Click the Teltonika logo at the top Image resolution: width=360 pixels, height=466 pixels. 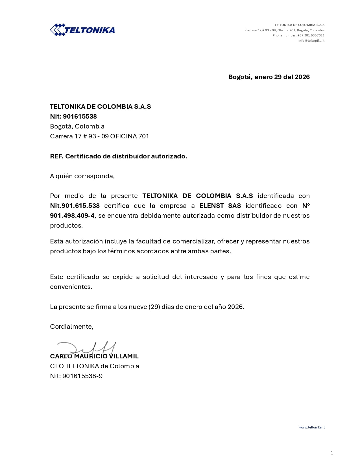tap(82, 30)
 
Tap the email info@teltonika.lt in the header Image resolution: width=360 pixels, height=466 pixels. tap(311, 41)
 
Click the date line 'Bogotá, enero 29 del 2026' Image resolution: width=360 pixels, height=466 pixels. tap(269, 77)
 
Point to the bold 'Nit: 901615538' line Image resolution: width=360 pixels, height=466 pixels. tap(73, 116)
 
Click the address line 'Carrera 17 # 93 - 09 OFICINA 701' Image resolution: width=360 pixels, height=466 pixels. tap(99, 136)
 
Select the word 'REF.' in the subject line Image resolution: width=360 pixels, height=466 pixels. tap(56, 156)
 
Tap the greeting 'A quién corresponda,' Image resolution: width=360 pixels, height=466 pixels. tap(82, 176)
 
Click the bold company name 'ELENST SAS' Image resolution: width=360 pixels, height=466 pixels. tap(220, 206)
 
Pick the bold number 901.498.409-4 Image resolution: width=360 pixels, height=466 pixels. tap(72, 215)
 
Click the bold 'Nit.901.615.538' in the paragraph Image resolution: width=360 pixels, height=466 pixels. tap(75, 206)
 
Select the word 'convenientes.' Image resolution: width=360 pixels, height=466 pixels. tap(71, 287)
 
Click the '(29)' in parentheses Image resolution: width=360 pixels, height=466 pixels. tap(154, 307)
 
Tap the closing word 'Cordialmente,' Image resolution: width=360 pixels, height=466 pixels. tap(71, 326)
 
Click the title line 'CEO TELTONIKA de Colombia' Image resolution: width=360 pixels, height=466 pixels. tap(95, 366)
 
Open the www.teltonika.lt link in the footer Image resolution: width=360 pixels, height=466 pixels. tap(312, 427)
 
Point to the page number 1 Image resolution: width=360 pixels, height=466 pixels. tap(332, 453)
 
